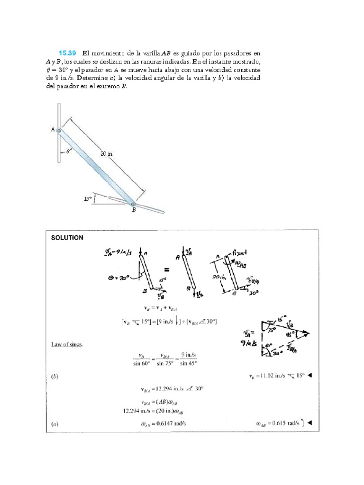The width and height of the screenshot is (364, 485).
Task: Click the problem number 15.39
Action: pos(66,53)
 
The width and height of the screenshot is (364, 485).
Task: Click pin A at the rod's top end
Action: pos(58,131)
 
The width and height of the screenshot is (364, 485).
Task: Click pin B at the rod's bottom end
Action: pos(133,204)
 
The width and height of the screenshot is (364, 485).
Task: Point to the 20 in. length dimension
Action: pos(107,153)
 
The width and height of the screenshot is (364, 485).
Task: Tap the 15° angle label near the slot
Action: pos(88,199)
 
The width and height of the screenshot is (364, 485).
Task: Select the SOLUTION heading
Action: pos(67,238)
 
